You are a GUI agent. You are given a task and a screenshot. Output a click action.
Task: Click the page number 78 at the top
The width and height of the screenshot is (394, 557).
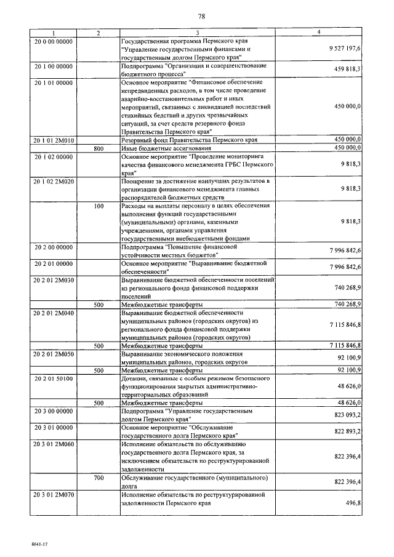(x=201, y=16)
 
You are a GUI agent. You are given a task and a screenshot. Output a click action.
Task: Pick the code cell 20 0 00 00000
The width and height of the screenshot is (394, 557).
(x=54, y=41)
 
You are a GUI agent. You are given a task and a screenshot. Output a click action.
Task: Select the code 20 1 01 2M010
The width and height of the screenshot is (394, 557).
(x=55, y=140)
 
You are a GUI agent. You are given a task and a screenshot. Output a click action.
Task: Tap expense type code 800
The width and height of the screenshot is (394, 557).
(x=98, y=148)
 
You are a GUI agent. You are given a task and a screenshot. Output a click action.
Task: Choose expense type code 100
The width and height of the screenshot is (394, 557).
(x=98, y=206)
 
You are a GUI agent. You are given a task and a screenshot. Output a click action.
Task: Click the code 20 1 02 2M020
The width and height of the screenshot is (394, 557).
(x=55, y=182)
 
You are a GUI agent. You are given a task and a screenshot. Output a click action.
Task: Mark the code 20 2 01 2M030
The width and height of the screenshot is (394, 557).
(x=55, y=280)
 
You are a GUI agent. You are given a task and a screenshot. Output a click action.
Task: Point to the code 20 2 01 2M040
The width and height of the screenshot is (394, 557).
(x=55, y=313)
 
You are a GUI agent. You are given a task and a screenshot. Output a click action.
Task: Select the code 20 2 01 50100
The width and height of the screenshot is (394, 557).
(x=54, y=379)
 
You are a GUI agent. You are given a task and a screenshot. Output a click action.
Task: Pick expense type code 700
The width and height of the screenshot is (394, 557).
(x=98, y=477)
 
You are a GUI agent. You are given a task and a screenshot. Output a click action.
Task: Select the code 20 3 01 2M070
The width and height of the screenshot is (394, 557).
(x=55, y=494)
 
